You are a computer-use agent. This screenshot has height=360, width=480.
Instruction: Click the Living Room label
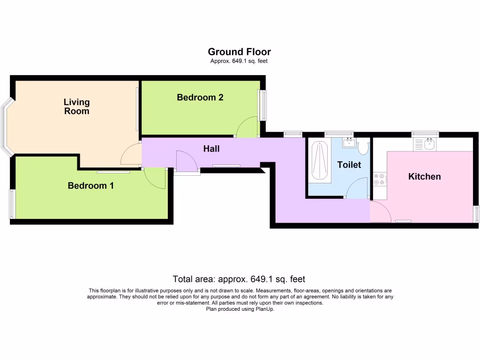tap(76, 106)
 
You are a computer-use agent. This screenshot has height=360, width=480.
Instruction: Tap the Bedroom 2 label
tap(200, 97)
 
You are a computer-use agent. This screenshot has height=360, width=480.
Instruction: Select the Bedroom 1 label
tap(90, 186)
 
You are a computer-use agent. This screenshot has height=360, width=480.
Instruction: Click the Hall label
tap(211, 149)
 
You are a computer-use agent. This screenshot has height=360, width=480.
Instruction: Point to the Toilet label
tap(349, 165)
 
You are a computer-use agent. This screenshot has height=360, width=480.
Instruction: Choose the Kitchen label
tap(424, 176)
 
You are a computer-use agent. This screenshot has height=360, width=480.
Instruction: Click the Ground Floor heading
tap(239, 52)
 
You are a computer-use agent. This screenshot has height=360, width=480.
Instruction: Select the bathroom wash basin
tap(348, 142)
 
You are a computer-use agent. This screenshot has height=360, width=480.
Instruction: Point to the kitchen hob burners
tap(379, 179)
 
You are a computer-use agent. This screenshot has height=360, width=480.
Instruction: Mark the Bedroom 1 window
tap(13, 203)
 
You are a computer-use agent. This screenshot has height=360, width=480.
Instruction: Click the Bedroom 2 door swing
tap(247, 127)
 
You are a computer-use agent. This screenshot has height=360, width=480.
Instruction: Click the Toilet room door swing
tap(358, 188)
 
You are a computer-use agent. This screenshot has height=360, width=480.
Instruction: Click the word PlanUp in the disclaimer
tap(264, 309)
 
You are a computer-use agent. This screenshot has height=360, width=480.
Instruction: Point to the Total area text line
tap(239, 279)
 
